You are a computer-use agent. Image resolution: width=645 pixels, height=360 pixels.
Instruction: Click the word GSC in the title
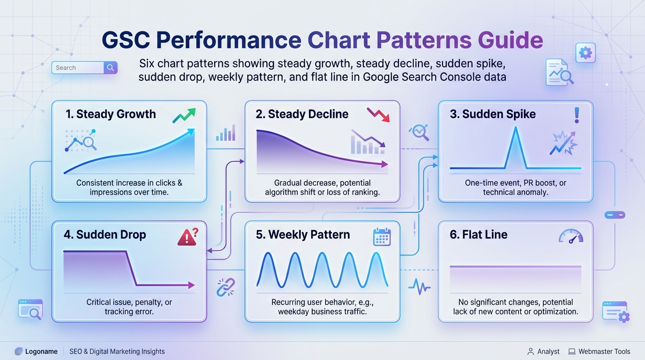pyautogui.click(x=126, y=40)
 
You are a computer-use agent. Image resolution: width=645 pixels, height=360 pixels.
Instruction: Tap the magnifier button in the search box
pyautogui.click(x=110, y=67)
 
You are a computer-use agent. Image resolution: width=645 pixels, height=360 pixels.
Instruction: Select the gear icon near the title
pyautogui.click(x=585, y=52)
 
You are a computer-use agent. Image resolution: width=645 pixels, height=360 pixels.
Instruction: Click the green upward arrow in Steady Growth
pyautogui.click(x=184, y=115)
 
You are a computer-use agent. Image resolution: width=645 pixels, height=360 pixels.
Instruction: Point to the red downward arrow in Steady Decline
pyautogui.click(x=378, y=115)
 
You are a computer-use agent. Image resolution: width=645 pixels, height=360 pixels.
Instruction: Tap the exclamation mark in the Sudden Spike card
pyautogui.click(x=577, y=115)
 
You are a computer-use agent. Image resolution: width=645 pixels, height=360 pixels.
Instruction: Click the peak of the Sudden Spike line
pyautogui.click(x=516, y=127)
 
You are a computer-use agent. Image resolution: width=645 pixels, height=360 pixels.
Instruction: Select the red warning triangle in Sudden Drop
pyautogui.click(x=187, y=237)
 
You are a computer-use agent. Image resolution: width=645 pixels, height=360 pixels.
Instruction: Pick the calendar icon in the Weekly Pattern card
pyautogui.click(x=382, y=237)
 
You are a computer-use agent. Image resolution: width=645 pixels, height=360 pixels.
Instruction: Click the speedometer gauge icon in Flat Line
pyautogui.click(x=571, y=236)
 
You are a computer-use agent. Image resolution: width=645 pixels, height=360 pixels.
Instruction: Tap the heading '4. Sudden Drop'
pyautogui.click(x=105, y=235)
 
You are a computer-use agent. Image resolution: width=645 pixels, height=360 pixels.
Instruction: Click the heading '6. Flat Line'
pyautogui.click(x=479, y=235)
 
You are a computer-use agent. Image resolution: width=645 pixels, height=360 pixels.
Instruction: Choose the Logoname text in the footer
pyautogui.click(x=41, y=352)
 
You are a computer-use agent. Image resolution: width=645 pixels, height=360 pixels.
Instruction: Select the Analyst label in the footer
pyautogui.click(x=548, y=352)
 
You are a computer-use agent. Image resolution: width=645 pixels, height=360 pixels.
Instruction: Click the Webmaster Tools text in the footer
pyautogui.click(x=604, y=352)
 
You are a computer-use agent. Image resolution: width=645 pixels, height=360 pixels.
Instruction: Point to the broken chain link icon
pyautogui.click(x=226, y=287)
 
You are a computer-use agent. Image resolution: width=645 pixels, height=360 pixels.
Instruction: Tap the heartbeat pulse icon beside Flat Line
pyautogui.click(x=419, y=287)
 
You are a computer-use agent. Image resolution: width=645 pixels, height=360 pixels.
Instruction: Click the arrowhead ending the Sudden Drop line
pyautogui.click(x=191, y=285)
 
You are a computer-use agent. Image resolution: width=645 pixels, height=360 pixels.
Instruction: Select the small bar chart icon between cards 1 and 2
pyautogui.click(x=226, y=133)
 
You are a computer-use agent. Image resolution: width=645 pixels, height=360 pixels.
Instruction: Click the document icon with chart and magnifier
pyautogui.click(x=559, y=72)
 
